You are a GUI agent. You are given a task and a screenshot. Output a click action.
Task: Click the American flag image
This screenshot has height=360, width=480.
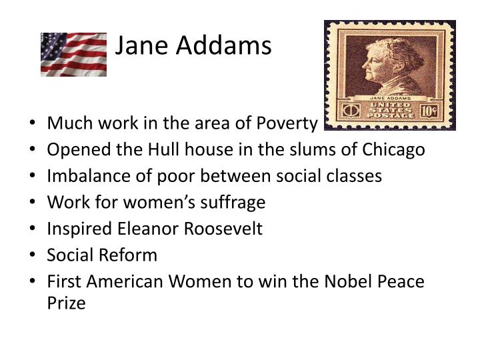(x=73, y=55)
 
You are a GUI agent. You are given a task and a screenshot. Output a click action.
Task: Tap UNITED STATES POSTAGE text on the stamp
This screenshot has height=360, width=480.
(x=390, y=109)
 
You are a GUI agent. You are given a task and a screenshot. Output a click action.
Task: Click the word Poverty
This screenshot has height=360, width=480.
(x=288, y=123)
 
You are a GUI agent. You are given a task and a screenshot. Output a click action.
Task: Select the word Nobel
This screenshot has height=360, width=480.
(x=347, y=281)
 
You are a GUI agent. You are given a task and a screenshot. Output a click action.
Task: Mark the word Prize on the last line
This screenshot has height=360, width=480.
(x=66, y=303)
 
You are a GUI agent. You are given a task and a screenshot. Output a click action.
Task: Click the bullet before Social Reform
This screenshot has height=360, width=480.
(x=34, y=255)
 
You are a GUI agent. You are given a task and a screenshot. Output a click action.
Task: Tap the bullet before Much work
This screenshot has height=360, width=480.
(x=34, y=123)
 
